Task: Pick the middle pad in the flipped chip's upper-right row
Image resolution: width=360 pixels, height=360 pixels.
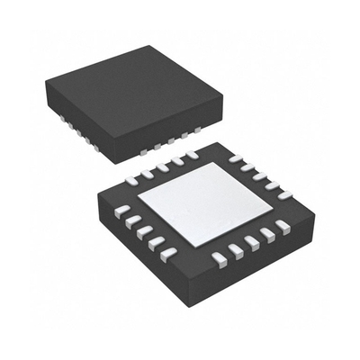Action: click(x=261, y=176)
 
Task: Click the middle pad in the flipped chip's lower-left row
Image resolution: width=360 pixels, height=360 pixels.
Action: click(x=144, y=230)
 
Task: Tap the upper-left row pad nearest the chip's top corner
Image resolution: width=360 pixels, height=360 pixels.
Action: click(x=192, y=155)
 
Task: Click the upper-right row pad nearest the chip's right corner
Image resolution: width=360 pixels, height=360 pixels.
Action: click(x=286, y=194)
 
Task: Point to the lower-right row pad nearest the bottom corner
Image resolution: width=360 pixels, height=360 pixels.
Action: click(x=216, y=262)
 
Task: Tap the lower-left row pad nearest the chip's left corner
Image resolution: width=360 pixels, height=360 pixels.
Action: click(x=119, y=211)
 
